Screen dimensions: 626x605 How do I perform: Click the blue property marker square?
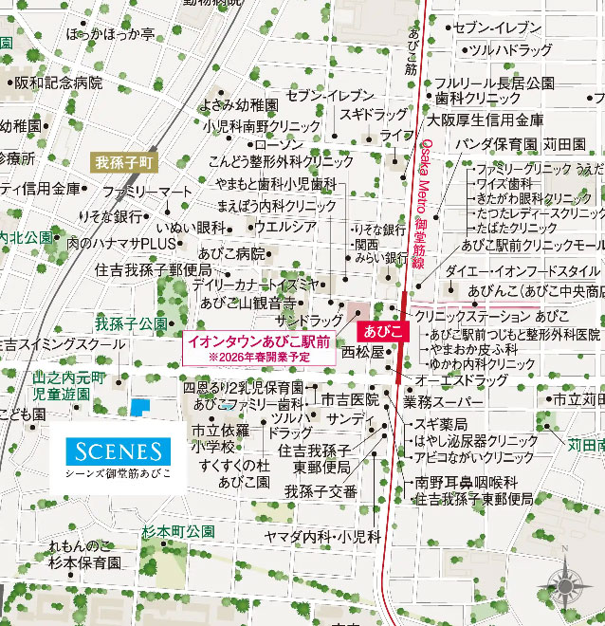pyautogui.click(x=140, y=407)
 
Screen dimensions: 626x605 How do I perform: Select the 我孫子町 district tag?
pyautogui.click(x=123, y=162)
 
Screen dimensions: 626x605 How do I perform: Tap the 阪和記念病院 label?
pyautogui.click(x=58, y=83)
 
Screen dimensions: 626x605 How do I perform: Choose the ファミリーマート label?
pyautogui.click(x=147, y=192)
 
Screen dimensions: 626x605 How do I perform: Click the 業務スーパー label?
pyautogui.click(x=442, y=402)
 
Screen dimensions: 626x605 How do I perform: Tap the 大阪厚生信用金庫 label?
pyautogui.click(x=486, y=120)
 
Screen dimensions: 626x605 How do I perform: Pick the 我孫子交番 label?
pyautogui.click(x=321, y=491)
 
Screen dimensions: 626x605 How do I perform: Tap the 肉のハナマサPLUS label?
pyautogui.click(x=123, y=243)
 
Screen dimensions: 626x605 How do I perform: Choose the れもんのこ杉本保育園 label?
pyautogui.click(x=84, y=554)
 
